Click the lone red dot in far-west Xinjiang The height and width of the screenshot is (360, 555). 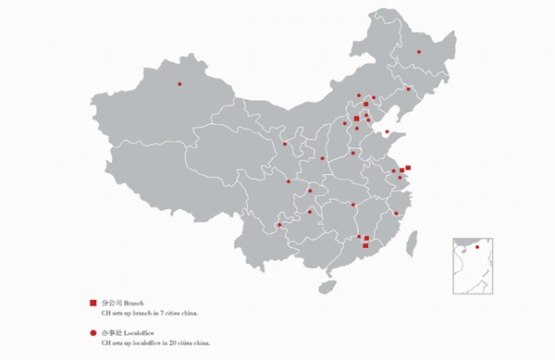coord(179,84)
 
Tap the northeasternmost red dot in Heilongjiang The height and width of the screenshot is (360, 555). coord(419,52)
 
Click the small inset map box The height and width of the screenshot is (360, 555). coord(472,266)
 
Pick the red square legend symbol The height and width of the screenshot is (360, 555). coord(92,304)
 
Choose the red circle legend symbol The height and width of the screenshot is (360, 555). coord(92,331)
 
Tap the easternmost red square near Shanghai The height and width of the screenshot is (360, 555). coord(408,168)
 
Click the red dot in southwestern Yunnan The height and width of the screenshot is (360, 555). coord(279,225)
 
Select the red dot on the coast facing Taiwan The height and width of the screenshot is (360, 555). coord(396,213)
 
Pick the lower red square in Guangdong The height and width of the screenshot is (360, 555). coord(366,246)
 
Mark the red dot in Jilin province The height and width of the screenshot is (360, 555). coord(408,89)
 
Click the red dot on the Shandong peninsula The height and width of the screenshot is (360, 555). coord(387,132)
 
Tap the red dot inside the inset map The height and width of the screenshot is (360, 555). coord(477,247)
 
